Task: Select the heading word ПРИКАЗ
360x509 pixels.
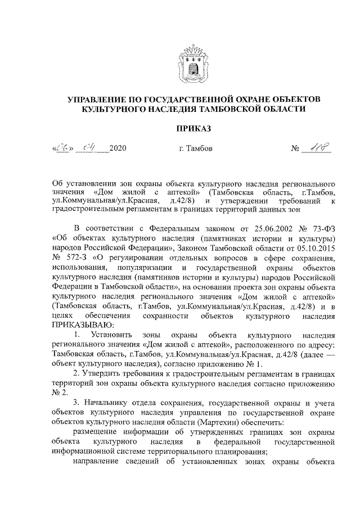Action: [x=193, y=129]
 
